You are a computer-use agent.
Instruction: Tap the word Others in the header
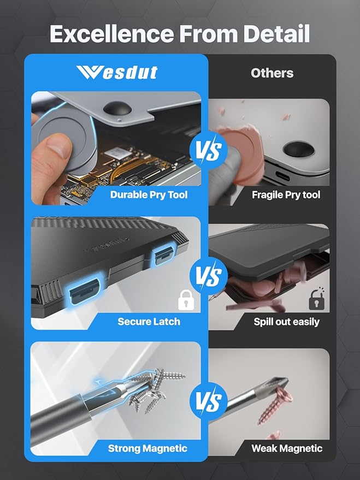point(272,73)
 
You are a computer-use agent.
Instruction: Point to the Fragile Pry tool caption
point(286,194)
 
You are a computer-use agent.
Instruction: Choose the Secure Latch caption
point(149,321)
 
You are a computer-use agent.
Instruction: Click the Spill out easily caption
point(286,321)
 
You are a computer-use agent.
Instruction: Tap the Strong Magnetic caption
point(147,448)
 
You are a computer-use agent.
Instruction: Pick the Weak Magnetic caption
point(287,448)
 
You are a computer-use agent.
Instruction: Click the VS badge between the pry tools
point(207,150)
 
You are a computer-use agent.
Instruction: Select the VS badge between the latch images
point(207,276)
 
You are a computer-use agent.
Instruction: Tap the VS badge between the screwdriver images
point(207,402)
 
